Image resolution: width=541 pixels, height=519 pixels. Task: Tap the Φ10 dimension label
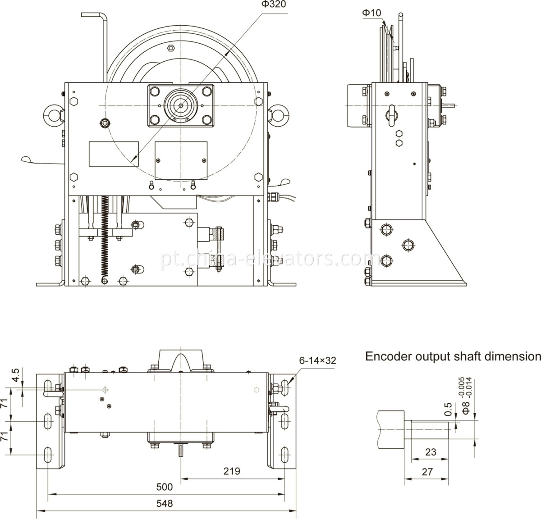[x=371, y=13]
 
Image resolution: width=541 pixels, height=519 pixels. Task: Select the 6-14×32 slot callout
[x=317, y=360]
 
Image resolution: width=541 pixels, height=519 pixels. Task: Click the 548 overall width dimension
[x=165, y=503]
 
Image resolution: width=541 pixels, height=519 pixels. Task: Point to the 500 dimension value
[x=164, y=487]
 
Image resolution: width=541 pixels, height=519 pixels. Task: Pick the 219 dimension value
[x=232, y=471]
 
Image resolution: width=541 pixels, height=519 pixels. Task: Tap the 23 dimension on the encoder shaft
[x=431, y=451]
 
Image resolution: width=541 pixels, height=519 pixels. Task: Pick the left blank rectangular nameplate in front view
[x=113, y=154]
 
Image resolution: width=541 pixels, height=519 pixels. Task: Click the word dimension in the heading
[x=512, y=356]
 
